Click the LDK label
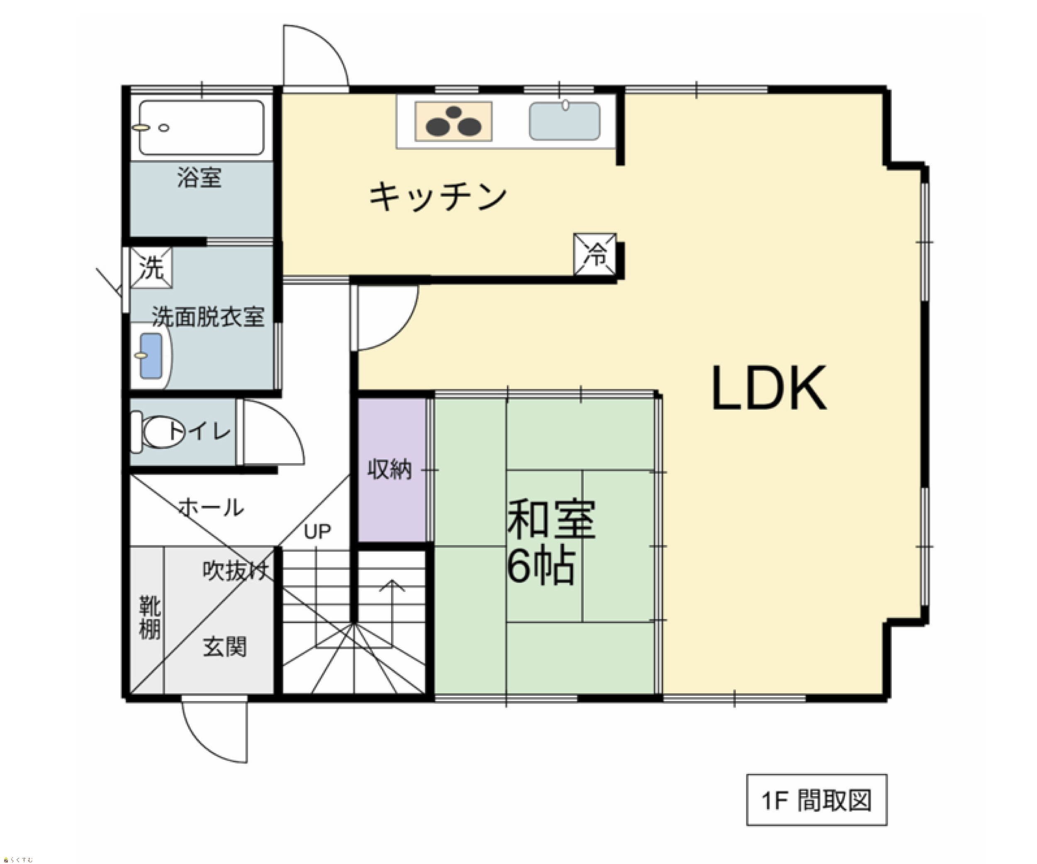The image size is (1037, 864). tap(769, 388)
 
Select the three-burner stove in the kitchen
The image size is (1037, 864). tap(453, 122)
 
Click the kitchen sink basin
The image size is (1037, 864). tap(565, 121)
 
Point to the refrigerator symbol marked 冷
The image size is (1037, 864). tap(595, 255)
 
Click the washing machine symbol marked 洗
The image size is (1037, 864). tap(151, 268)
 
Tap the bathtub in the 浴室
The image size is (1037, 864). tap(202, 128)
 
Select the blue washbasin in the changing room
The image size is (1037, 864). tap(151, 356)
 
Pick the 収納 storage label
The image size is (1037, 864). tap(389, 469)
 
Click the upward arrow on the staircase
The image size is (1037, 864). tap(392, 613)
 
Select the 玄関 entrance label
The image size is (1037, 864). tap(225, 647)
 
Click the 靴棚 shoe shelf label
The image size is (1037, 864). tap(150, 617)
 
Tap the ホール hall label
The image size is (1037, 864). tap(211, 507)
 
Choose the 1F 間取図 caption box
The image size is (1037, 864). tap(817, 800)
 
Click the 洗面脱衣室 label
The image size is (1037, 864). tap(208, 316)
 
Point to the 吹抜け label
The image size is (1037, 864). tap(236, 571)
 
